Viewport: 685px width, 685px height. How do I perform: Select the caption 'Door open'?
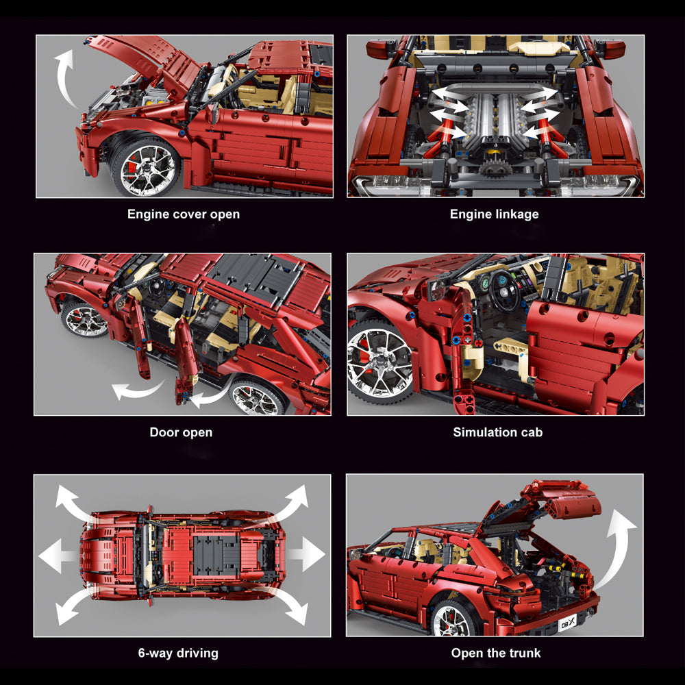point(181,432)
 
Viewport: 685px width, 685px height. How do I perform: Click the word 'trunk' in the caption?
point(525,653)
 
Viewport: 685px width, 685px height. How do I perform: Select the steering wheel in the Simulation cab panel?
point(505,291)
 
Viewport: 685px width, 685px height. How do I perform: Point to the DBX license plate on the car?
point(568,622)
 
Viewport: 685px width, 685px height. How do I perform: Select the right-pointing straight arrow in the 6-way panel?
point(306,554)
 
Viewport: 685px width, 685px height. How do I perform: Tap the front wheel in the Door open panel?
point(84,319)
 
